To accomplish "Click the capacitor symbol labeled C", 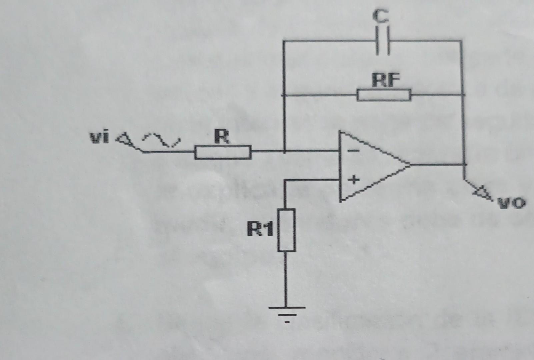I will [x=383, y=41].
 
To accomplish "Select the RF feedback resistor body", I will [x=384, y=95].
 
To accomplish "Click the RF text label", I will [x=386, y=80].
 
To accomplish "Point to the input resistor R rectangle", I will [x=223, y=152].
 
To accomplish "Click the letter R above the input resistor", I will [x=222, y=137].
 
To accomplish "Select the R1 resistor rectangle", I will [x=286, y=230].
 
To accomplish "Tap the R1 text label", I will [x=260, y=229].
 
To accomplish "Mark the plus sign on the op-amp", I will [x=354, y=180].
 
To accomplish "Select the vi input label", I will [x=99, y=138].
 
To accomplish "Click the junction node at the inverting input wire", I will [x=284, y=152].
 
